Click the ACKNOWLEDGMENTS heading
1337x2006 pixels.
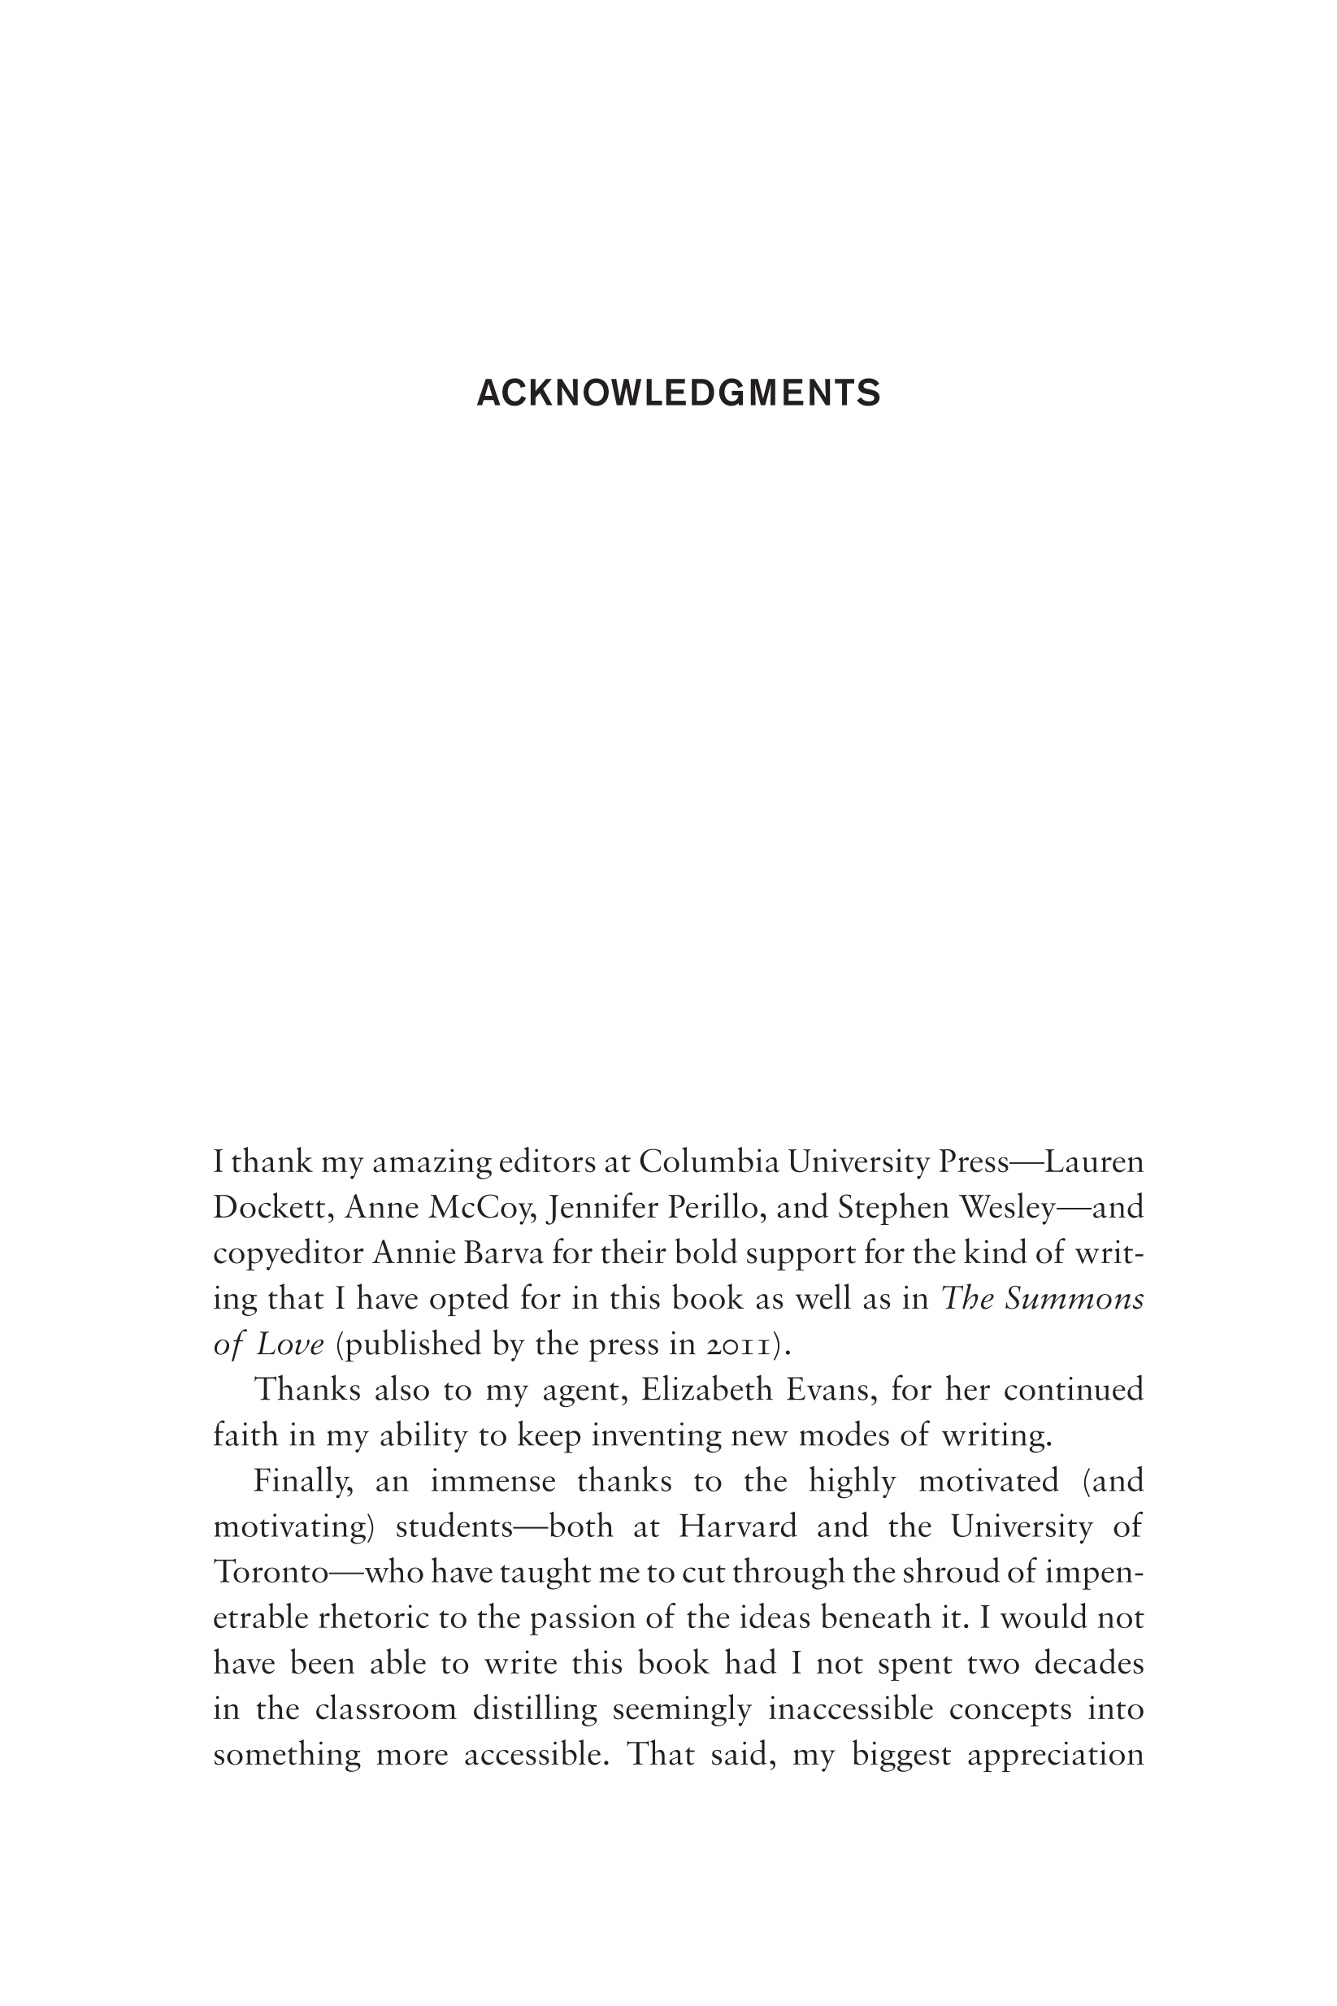(x=678, y=393)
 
